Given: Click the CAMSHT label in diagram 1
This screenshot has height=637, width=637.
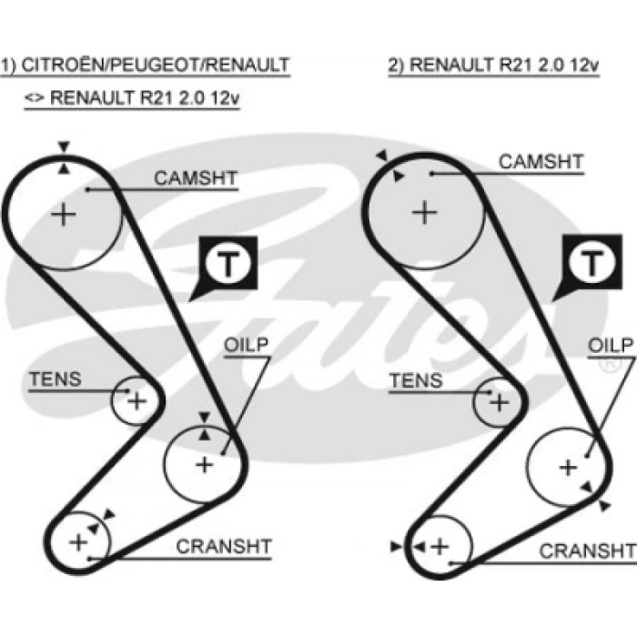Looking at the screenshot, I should point(195,178).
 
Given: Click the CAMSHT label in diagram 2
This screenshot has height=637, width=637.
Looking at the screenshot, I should point(541,162).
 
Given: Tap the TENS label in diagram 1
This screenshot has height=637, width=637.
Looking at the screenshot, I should point(55,379).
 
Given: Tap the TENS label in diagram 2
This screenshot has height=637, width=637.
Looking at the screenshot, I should point(416,380).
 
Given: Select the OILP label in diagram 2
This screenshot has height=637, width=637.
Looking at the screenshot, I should point(609,347).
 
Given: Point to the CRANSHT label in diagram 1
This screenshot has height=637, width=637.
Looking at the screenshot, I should point(223,547).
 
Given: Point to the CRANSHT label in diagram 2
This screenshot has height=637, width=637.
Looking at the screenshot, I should point(587,551).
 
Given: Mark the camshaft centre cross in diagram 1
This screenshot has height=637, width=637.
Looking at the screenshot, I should point(63,216).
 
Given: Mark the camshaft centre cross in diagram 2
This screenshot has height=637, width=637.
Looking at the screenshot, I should point(424,213).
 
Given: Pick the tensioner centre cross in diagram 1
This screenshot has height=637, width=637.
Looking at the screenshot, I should point(136,399).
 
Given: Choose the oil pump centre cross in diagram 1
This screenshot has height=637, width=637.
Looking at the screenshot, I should point(204,464).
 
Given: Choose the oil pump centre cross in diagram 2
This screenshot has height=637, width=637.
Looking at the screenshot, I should point(568,467).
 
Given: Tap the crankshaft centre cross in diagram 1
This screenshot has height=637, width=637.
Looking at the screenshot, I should point(78,542).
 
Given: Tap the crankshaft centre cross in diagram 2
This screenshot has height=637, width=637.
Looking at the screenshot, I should point(440,546).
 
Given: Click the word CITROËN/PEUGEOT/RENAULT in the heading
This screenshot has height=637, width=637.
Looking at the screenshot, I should point(156,65).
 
